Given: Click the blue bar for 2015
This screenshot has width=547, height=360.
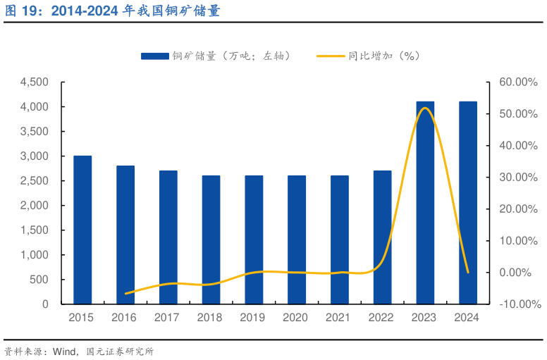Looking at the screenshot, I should coord(82,230).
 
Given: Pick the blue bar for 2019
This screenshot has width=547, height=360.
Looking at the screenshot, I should coord(254,240).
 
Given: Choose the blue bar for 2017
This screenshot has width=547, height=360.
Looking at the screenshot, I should coord(168,237).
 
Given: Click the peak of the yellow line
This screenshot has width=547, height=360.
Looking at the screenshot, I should coord(424,108).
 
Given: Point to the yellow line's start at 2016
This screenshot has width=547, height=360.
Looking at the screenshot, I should coord(125,294).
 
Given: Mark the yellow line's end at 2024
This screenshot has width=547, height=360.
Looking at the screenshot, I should coord(468,272).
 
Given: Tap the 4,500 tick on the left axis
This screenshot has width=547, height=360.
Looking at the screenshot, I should coord(35,82).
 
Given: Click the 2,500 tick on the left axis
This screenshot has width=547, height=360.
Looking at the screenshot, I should coord(35,181).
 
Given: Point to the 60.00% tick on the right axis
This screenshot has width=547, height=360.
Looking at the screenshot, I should coord(518,82).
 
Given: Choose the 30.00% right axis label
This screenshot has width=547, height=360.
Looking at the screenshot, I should coord(518,178).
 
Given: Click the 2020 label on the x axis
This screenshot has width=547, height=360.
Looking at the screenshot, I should coord(297,318).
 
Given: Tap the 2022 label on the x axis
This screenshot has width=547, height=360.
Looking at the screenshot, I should coord(382,318).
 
